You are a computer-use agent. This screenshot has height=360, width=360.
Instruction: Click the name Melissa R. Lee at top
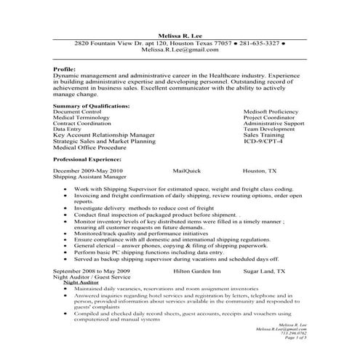[x=180, y=34]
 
